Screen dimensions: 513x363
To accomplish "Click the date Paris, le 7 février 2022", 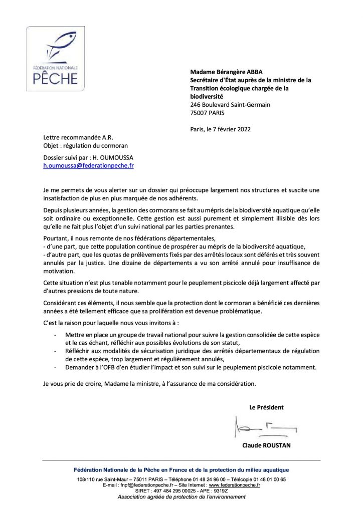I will [221, 129].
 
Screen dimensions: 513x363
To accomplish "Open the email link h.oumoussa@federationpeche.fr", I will [88, 164].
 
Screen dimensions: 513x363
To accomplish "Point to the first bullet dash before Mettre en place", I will [55, 334].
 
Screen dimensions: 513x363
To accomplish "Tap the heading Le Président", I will [266, 407].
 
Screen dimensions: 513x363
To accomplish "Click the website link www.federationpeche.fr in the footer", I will [234, 485].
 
